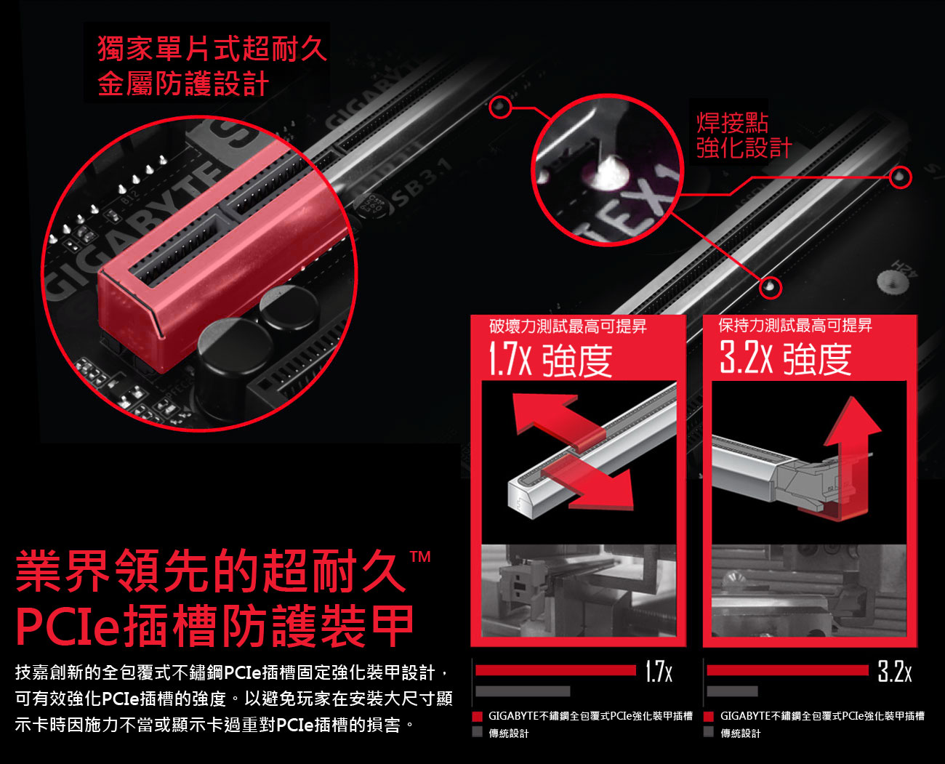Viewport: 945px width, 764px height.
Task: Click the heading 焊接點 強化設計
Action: (x=744, y=135)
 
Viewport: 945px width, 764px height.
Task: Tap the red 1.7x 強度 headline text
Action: (x=550, y=360)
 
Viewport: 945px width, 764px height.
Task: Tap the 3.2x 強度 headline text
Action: (x=785, y=358)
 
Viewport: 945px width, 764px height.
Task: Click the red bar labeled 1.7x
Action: (x=556, y=670)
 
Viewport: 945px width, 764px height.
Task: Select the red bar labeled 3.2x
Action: (x=787, y=670)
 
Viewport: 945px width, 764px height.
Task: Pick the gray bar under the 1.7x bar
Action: (x=523, y=691)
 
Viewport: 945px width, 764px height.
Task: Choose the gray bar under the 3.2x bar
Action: (x=732, y=691)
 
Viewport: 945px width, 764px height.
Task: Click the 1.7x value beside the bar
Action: (x=659, y=671)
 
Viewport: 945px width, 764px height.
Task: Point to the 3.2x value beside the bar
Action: (x=894, y=671)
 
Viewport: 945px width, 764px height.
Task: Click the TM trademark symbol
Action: (x=419, y=556)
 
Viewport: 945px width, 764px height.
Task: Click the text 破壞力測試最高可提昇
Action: (x=568, y=326)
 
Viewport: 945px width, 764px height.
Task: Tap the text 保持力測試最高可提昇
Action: (x=795, y=325)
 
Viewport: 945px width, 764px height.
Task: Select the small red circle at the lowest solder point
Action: (x=771, y=287)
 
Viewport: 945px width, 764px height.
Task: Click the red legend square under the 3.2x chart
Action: (x=709, y=716)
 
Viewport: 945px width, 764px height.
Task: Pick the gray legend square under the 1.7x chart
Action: (x=478, y=731)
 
